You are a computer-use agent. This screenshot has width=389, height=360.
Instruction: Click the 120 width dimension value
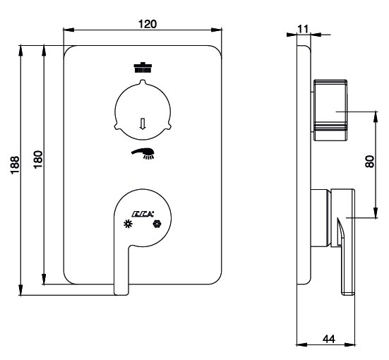point(148,24)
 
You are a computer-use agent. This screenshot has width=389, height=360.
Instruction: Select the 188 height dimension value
point(15,165)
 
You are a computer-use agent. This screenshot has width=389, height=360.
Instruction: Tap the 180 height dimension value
point(38,160)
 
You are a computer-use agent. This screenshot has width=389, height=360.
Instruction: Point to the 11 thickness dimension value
point(303,29)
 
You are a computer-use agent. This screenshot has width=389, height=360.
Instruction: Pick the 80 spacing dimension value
point(370,162)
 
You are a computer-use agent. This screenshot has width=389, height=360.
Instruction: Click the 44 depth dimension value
point(329,339)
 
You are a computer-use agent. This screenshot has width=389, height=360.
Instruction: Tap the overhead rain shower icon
point(143,68)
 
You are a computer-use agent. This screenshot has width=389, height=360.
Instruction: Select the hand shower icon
point(143,153)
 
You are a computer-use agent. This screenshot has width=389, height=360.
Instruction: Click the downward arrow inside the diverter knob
point(143,124)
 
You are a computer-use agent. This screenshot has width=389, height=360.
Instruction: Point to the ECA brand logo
point(143,214)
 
